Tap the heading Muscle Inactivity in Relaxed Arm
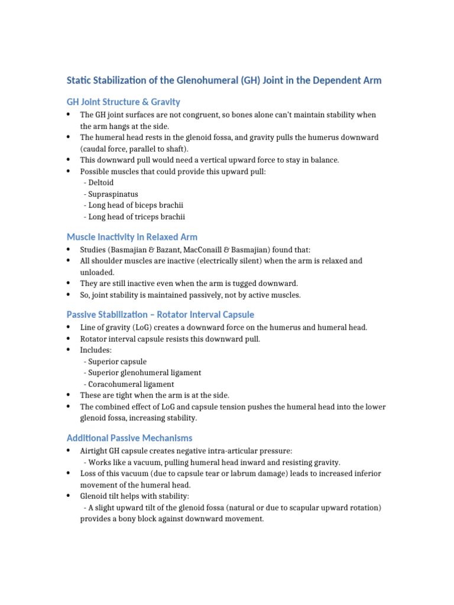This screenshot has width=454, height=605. [132, 237]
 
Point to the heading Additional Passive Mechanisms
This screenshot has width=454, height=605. [129, 438]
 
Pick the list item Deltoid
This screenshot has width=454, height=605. [103, 183]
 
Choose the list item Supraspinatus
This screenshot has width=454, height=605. [114, 194]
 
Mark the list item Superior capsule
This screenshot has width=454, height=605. [117, 362]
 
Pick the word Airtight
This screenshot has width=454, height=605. [96, 451]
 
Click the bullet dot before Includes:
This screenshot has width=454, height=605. [69, 350]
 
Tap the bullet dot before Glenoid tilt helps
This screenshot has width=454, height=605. [69, 496]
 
